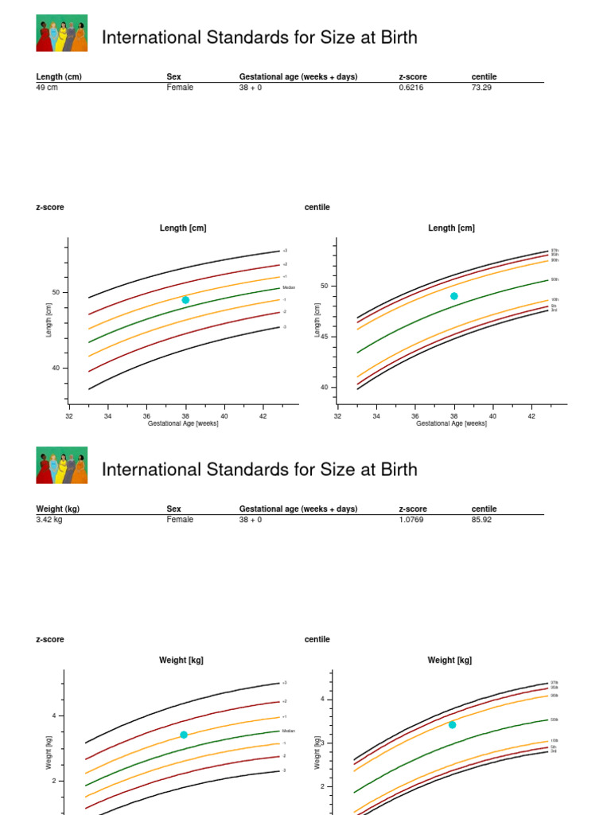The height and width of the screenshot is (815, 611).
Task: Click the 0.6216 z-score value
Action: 411,88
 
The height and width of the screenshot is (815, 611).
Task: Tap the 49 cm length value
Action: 47,88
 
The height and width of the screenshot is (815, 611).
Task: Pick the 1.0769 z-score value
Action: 412,520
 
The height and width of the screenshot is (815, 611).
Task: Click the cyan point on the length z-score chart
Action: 185,300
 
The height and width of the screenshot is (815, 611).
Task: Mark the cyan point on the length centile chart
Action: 454,296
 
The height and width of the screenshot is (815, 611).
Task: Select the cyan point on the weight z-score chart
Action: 184,735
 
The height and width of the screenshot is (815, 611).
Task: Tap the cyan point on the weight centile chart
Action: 453,724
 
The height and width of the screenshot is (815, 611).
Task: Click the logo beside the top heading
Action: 62,33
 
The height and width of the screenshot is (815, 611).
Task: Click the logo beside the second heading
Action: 62,466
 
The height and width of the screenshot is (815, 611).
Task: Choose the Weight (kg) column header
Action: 57,509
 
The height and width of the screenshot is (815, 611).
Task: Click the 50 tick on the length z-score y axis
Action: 56,292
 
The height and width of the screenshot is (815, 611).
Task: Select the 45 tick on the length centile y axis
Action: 324,337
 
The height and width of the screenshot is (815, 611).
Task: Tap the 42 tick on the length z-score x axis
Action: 263,415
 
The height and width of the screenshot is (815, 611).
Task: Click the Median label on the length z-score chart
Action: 289,287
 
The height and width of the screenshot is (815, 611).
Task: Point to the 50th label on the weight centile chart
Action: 555,719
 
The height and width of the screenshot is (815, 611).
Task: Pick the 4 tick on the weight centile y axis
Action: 323,699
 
